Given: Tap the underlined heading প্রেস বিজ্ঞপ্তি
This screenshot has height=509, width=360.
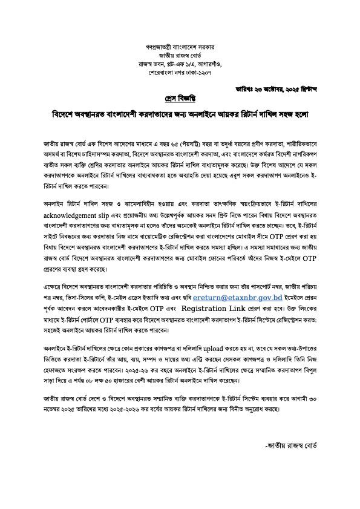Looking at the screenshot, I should tap(180, 99).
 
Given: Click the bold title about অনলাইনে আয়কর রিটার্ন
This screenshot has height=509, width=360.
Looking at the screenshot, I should tap(180, 115).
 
